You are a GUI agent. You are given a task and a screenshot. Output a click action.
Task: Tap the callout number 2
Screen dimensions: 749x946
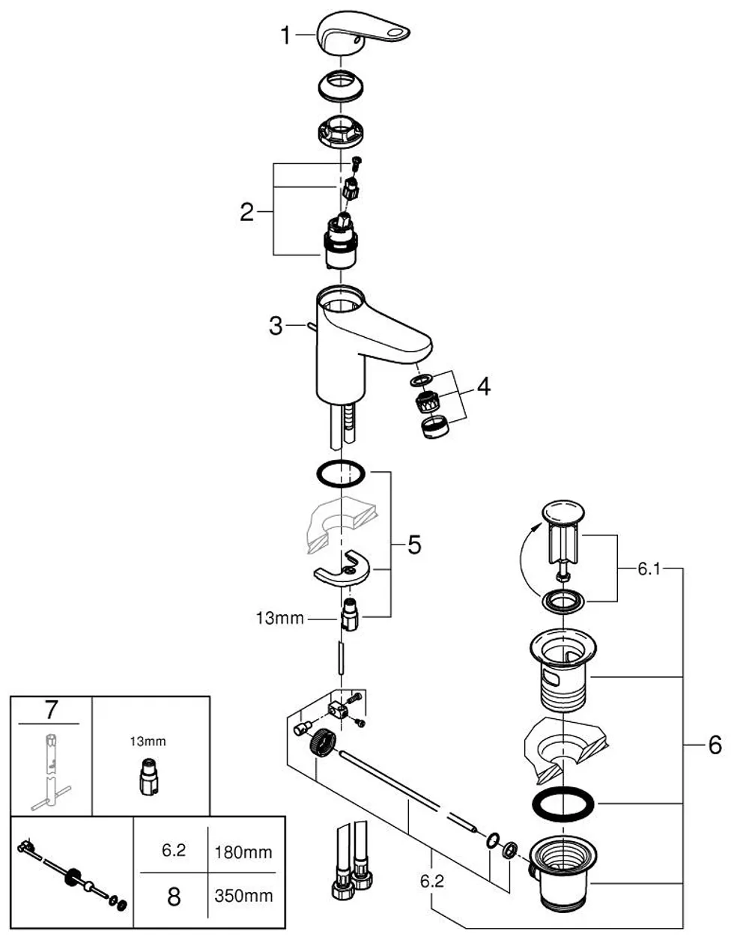247,212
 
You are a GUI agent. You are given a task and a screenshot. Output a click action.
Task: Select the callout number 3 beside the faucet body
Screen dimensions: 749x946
276,326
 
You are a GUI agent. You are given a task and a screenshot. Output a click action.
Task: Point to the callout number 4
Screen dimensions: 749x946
484,386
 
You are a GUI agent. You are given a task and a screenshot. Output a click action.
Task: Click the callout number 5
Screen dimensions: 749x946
414,545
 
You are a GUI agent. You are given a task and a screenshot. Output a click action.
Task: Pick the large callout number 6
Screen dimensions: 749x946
715,745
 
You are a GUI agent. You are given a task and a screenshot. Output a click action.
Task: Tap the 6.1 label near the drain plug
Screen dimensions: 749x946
649,569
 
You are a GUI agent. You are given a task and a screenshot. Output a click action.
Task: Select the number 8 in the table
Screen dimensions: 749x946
174,897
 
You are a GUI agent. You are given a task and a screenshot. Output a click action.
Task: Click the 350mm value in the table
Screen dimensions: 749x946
243,896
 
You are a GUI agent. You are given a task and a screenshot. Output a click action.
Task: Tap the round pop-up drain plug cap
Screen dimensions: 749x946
563,510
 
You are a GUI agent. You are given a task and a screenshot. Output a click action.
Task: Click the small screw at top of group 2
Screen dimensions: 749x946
356,163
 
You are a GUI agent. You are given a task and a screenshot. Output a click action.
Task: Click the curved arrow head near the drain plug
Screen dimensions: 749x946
537,527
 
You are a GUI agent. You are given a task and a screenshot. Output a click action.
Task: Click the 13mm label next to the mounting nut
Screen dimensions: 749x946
280,619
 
